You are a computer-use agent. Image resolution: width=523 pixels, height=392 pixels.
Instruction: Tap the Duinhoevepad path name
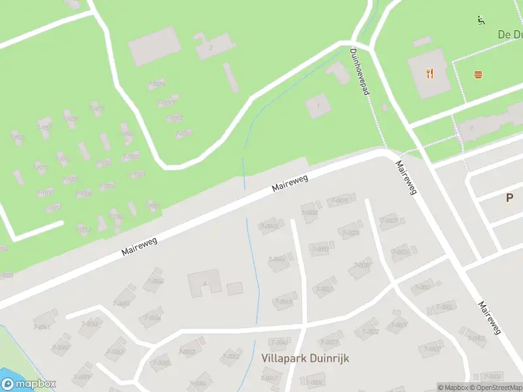click(360, 72)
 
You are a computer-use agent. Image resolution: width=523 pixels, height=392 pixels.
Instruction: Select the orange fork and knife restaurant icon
click(430, 73)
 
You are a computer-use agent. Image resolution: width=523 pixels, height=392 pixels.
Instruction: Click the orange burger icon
click(479, 74)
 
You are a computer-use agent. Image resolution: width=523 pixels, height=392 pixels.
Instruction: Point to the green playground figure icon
click(481, 20)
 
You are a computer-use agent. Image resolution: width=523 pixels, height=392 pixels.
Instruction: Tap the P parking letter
click(509, 198)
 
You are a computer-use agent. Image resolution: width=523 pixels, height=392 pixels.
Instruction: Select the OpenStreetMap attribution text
click(494, 387)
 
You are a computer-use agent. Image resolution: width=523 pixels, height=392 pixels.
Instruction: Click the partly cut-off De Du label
click(509, 35)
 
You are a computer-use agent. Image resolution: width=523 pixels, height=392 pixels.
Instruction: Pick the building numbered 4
click(204, 284)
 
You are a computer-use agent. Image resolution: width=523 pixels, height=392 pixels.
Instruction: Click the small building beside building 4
click(234, 287)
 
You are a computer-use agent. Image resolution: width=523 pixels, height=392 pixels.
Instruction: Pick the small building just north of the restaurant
click(422, 42)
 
